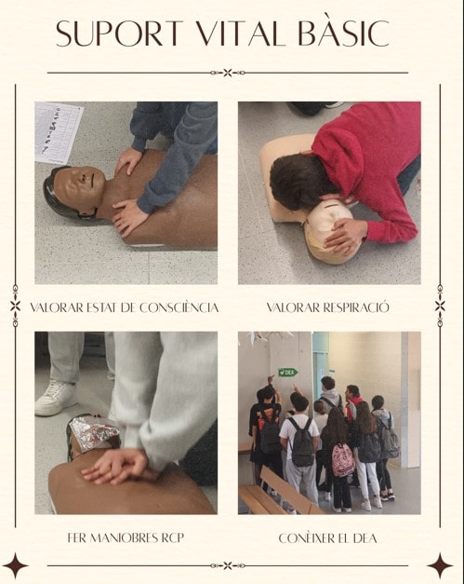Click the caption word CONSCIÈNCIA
tap(179, 307)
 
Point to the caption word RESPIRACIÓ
tap(356, 307)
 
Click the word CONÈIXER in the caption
tap(305, 537)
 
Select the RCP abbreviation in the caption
tap(173, 537)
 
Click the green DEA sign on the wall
tap(288, 372)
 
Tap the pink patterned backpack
tap(343, 459)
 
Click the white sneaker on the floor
tap(56, 398)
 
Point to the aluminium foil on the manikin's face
tap(95, 432)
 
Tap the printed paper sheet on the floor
tap(58, 132)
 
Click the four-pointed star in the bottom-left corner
tap(15, 566)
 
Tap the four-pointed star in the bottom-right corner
tap(440, 566)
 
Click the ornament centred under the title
tap(228, 73)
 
